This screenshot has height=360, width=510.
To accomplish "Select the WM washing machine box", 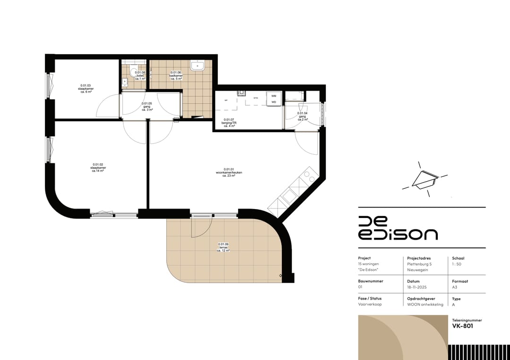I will click(274, 96).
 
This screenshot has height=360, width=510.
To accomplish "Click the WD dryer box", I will click(274, 102).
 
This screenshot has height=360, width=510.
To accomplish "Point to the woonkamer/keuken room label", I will click(229, 172).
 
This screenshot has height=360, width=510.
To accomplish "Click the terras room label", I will click(223, 247).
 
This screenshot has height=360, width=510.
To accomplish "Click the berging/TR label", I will click(230, 123).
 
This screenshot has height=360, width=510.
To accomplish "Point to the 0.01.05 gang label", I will click(147, 106).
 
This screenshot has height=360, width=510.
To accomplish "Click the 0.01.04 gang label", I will click(302, 117).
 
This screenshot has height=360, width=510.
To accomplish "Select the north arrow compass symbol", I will click(423, 179).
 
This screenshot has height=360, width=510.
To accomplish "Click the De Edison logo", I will click(398, 228).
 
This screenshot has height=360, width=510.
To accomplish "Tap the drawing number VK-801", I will click(463, 326).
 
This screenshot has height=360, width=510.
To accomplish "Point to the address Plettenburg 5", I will click(420, 264).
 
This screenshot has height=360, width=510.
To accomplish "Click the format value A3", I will click(455, 287).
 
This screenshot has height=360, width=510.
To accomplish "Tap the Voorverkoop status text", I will click(370, 304).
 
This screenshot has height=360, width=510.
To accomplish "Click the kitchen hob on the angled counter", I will click(309, 176).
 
